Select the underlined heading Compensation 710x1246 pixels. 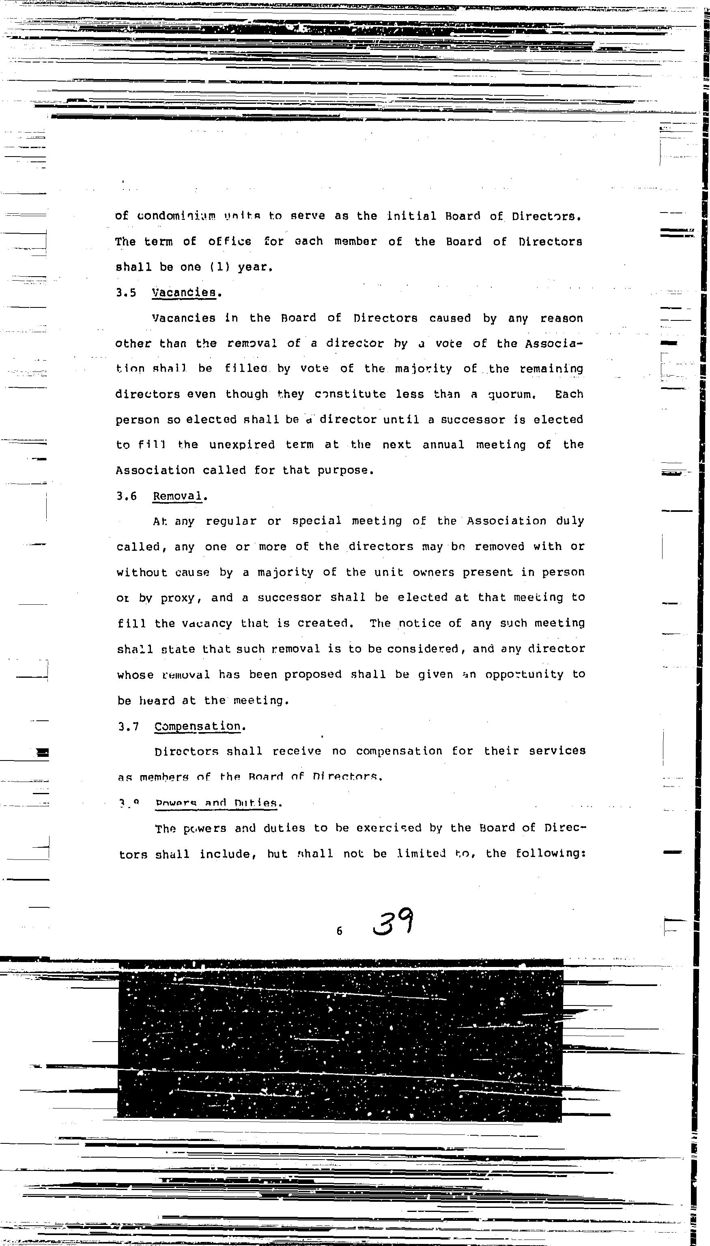(x=198, y=726)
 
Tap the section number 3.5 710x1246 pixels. (x=126, y=293)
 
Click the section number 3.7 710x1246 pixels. (x=128, y=727)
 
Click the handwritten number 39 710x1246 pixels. (x=393, y=922)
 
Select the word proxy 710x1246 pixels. (x=178, y=598)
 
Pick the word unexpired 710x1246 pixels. (x=242, y=445)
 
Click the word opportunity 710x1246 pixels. (x=524, y=675)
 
